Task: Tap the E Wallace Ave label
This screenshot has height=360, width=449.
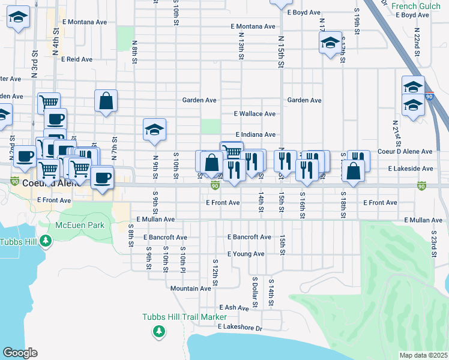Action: (x=255, y=113)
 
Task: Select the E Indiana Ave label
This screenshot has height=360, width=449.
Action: (x=255, y=135)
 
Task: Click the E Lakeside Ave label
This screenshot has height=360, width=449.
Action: (x=410, y=169)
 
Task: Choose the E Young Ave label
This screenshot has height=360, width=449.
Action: (x=246, y=254)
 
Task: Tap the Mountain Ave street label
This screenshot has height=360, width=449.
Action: (x=190, y=289)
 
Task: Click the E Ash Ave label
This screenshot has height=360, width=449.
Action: (x=234, y=308)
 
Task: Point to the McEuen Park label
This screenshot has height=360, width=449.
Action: (x=80, y=226)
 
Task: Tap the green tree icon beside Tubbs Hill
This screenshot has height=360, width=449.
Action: (x=46, y=242)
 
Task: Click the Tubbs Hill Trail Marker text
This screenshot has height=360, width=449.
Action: (x=184, y=317)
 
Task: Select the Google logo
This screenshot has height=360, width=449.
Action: (x=20, y=353)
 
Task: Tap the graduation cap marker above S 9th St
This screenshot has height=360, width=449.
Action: (x=154, y=130)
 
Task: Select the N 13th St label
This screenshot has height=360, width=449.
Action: (x=241, y=47)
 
